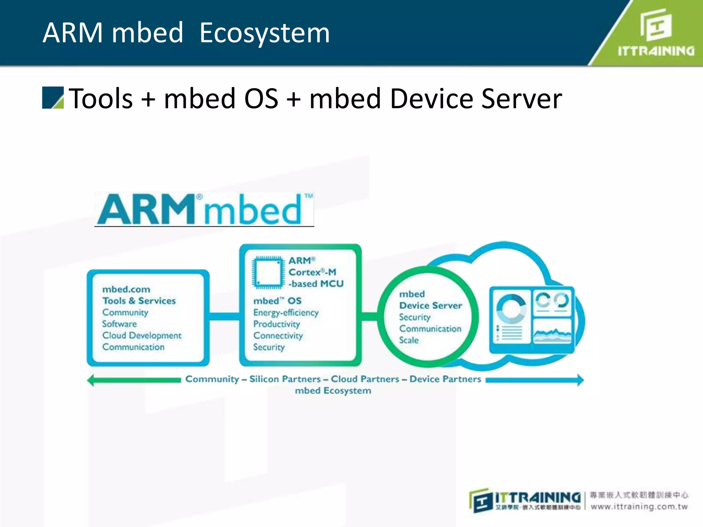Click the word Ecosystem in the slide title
tap(264, 33)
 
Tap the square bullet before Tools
tap(53, 98)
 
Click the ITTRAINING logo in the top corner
tap(656, 33)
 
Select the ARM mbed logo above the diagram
tap(204, 209)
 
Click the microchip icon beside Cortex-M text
tap(268, 272)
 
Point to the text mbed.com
tap(126, 289)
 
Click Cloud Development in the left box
tap(141, 335)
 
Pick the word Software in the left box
tap(119, 324)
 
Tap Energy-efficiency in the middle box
tap(286, 313)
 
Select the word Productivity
tap(276, 324)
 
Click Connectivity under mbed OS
tap(278, 336)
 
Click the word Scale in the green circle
tap(408, 340)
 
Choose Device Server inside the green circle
tap(430, 305)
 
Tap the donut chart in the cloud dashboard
tap(511, 309)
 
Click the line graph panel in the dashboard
tap(552, 331)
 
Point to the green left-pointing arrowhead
tap(91, 380)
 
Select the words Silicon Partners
tap(285, 379)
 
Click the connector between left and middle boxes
tap(224, 316)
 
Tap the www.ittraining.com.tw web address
tap(639, 507)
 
